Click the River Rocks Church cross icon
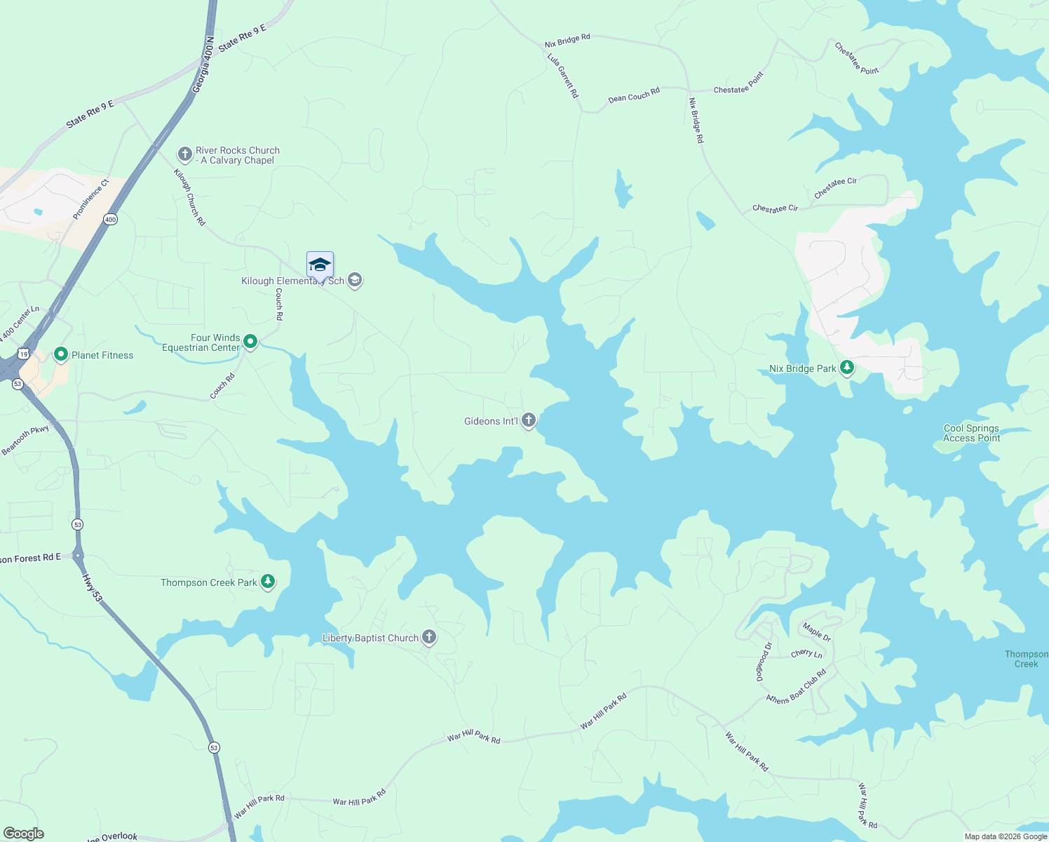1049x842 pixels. (x=184, y=154)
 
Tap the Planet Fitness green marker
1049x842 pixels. (x=60, y=355)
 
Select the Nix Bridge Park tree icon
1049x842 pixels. (x=847, y=367)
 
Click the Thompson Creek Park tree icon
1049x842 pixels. (x=267, y=581)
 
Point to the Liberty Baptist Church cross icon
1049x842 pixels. (x=429, y=637)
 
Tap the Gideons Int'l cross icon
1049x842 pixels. (x=529, y=420)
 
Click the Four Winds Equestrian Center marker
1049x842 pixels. (x=250, y=342)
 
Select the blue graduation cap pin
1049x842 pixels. (x=320, y=265)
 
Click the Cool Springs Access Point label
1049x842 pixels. (x=971, y=433)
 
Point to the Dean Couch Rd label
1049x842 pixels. (x=634, y=95)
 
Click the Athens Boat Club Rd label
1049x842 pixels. (x=797, y=688)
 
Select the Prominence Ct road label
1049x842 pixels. (x=91, y=199)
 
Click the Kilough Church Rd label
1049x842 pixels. (x=189, y=197)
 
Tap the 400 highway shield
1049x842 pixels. (x=110, y=220)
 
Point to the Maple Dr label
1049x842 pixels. (x=817, y=632)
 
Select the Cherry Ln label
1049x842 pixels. (x=806, y=653)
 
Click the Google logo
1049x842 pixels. (x=24, y=833)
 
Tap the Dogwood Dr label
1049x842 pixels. (x=763, y=662)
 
